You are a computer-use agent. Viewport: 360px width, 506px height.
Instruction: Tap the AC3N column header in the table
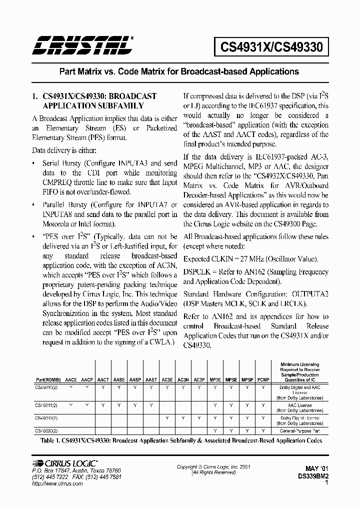click(x=183, y=379)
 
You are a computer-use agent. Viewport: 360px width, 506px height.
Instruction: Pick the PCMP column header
click(x=263, y=379)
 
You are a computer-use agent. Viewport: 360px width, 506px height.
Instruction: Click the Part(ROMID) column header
click(x=49, y=379)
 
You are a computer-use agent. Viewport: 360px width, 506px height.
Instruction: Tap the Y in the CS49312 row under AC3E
click(x=167, y=418)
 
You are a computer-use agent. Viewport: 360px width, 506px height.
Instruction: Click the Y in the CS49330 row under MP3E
click(x=215, y=430)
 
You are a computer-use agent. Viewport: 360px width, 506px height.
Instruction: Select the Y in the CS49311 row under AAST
click(x=151, y=404)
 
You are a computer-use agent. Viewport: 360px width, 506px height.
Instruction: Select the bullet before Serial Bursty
click(x=34, y=163)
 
